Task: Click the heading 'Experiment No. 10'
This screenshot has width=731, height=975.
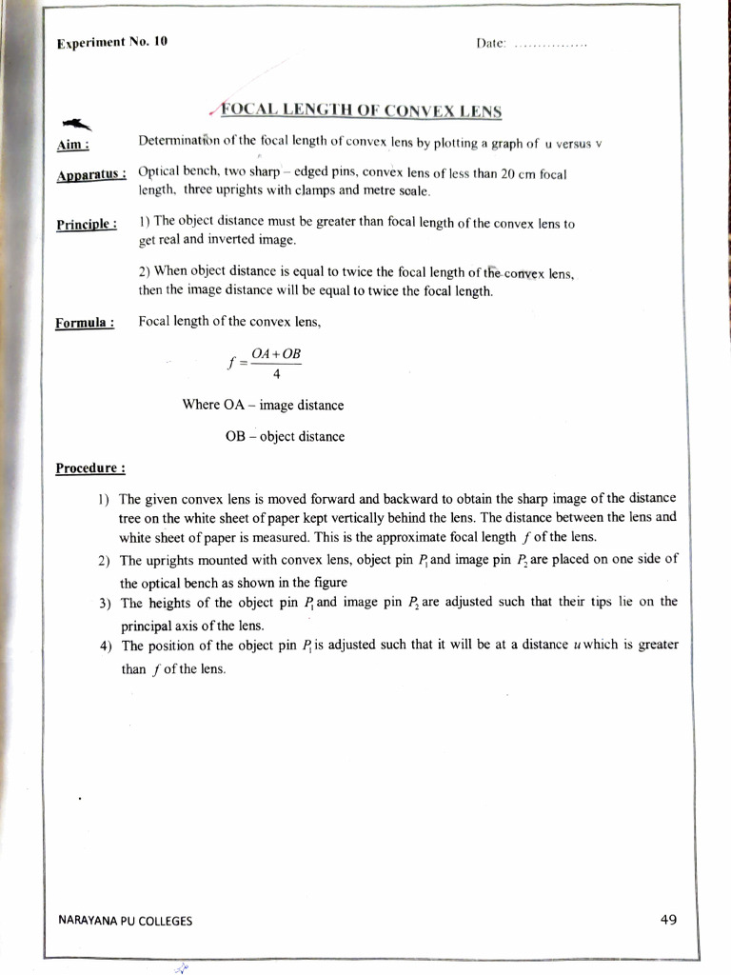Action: tap(111, 44)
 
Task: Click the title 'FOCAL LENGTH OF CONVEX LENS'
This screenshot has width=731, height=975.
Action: tap(362, 110)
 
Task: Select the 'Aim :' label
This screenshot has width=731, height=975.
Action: tap(73, 144)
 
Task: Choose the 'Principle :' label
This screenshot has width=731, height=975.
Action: tap(86, 225)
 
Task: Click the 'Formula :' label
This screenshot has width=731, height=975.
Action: tap(84, 322)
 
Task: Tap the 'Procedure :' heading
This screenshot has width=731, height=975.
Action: tap(90, 468)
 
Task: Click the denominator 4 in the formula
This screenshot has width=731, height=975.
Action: tap(276, 372)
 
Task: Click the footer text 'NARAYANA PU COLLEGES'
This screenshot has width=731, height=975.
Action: tap(125, 921)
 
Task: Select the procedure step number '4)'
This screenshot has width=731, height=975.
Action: tap(106, 646)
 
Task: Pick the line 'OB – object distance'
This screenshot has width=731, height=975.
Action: tap(284, 437)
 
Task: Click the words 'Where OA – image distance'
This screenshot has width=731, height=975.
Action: tap(263, 406)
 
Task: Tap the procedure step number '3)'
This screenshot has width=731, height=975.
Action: tap(105, 603)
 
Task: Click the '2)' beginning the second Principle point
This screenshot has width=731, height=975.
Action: tap(146, 270)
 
